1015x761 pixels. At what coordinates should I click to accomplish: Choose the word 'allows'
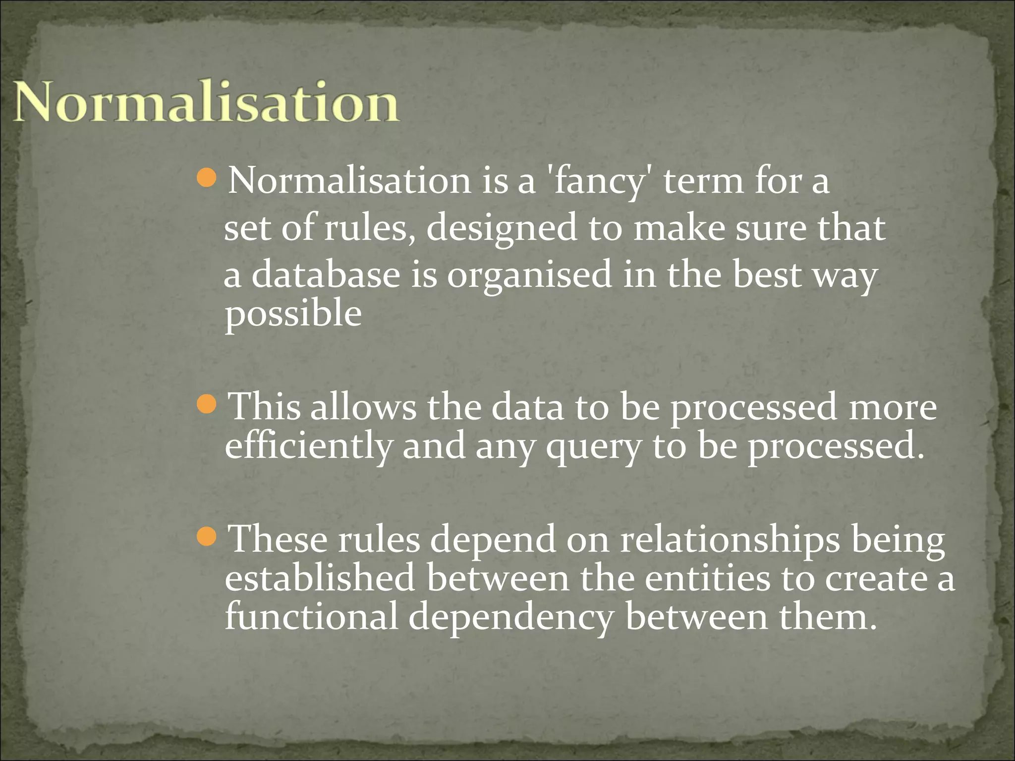pos(363,407)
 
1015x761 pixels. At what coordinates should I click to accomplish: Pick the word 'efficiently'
pos(308,446)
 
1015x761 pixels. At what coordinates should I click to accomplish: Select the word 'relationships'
pos(730,540)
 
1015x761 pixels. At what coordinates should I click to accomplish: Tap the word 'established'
pos(320,578)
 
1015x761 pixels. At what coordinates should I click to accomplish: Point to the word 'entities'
pos(707,578)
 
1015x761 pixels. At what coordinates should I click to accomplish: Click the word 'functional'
pos(312,617)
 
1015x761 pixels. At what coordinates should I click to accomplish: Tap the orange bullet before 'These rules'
pos(206,537)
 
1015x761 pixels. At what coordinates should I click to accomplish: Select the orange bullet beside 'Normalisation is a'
pos(206,177)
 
